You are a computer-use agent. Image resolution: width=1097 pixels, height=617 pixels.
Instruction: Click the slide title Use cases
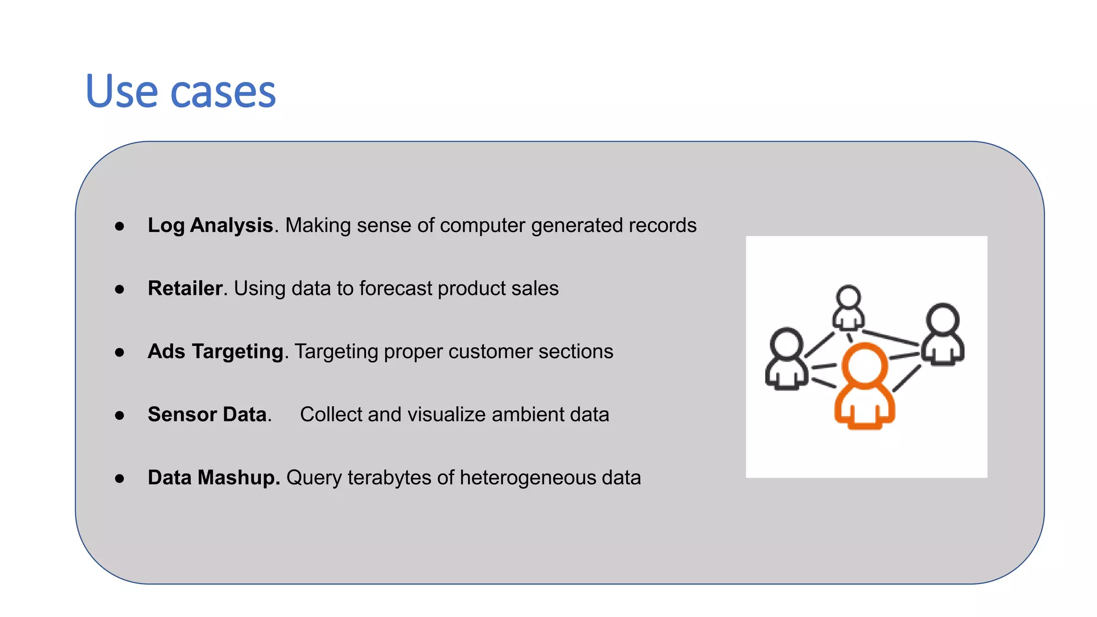pyautogui.click(x=181, y=92)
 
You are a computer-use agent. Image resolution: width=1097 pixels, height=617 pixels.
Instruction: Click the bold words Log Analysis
pyautogui.click(x=210, y=225)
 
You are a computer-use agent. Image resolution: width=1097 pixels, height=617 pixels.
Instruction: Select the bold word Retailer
pyautogui.click(x=185, y=289)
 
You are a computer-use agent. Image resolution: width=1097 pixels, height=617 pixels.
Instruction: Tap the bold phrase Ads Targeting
pyautogui.click(x=215, y=352)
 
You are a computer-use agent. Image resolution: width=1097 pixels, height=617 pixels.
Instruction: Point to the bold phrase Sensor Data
pyautogui.click(x=207, y=415)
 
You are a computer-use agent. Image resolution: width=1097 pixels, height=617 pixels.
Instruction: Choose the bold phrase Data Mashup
pyautogui.click(x=213, y=478)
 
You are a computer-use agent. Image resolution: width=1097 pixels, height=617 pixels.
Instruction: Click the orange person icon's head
pyautogui.click(x=865, y=366)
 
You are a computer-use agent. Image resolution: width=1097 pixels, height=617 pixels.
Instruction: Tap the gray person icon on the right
pyautogui.click(x=943, y=335)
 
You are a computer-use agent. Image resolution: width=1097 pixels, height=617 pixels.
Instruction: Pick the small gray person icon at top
pyautogui.click(x=848, y=308)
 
